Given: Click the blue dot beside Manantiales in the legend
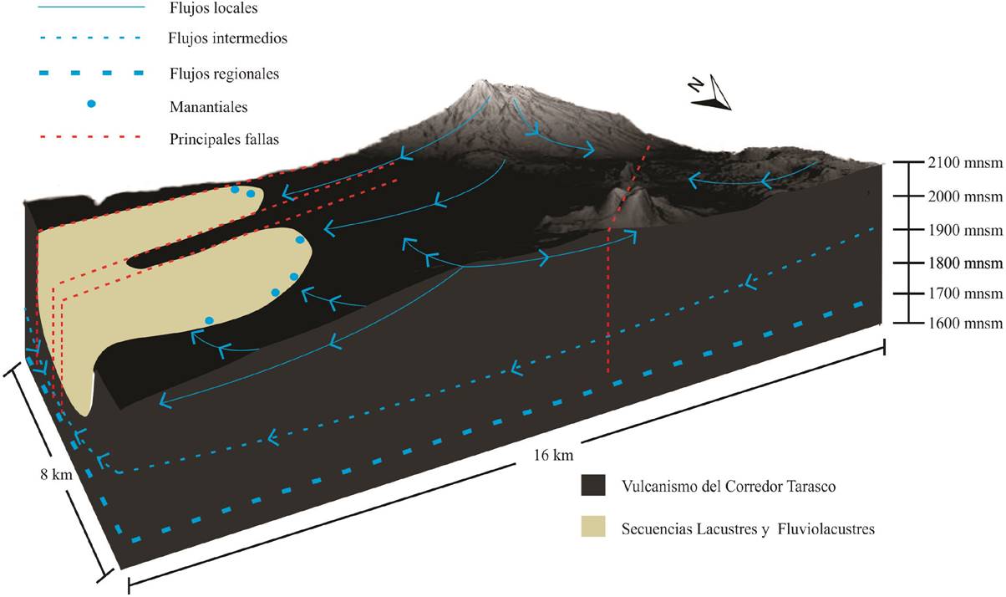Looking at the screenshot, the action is tap(92, 104).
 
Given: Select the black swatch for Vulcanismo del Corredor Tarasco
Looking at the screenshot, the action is tap(592, 486).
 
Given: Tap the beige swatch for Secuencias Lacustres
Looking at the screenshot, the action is tap(592, 528).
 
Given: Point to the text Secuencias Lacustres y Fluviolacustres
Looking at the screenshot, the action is tap(748, 529).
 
